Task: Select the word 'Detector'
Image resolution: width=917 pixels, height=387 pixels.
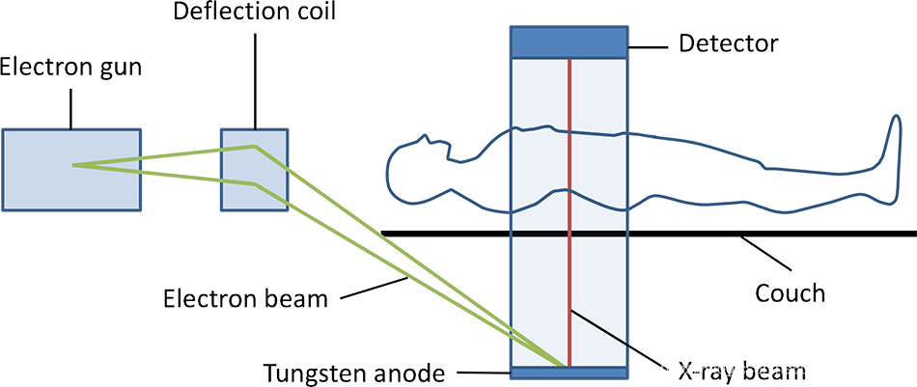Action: coord(728,43)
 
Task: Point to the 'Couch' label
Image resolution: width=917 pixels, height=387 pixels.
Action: coord(790,291)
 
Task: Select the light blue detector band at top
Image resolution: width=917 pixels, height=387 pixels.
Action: coord(570,42)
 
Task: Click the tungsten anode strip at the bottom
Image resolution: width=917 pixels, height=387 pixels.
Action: coord(570,373)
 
